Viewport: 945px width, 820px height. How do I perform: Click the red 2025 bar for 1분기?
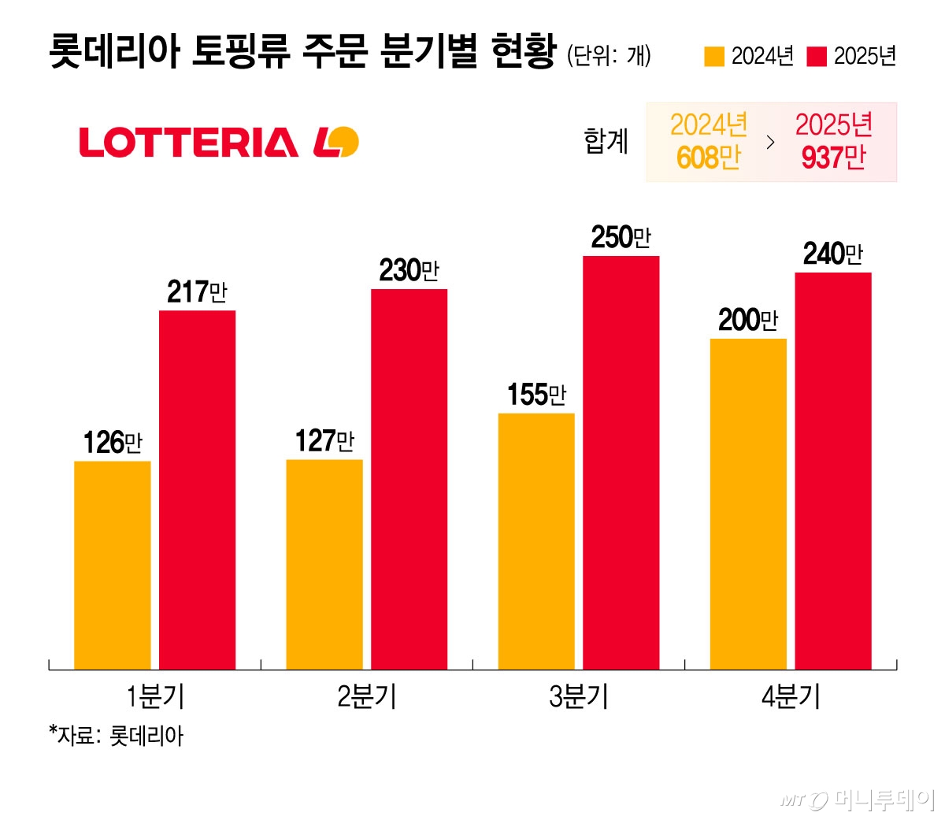coord(197,490)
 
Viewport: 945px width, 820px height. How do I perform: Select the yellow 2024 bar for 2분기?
coord(324,564)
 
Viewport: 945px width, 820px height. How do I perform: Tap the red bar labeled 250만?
coord(621,462)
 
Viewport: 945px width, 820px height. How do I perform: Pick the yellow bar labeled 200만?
coord(748,504)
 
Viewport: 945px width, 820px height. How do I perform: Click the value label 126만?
coord(113,443)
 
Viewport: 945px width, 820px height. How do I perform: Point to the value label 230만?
coord(409,271)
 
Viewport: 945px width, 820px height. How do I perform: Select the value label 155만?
coord(536,395)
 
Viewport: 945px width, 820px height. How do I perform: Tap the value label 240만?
coord(832,254)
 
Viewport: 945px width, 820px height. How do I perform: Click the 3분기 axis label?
coord(579,697)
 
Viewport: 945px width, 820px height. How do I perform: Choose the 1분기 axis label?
coord(155,697)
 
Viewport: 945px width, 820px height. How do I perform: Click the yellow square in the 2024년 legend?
coord(713,57)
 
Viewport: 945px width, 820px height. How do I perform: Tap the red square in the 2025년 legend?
coord(817,57)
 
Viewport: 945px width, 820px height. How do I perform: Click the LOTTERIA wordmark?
coord(189,143)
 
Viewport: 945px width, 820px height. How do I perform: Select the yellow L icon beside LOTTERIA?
coord(336,143)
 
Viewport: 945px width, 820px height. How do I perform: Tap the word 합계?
coord(606,142)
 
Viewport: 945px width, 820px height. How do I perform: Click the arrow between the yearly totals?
coord(770,143)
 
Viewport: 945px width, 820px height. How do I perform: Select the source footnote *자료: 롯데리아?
coord(116,736)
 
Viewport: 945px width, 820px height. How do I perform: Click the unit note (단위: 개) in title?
coord(609,55)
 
